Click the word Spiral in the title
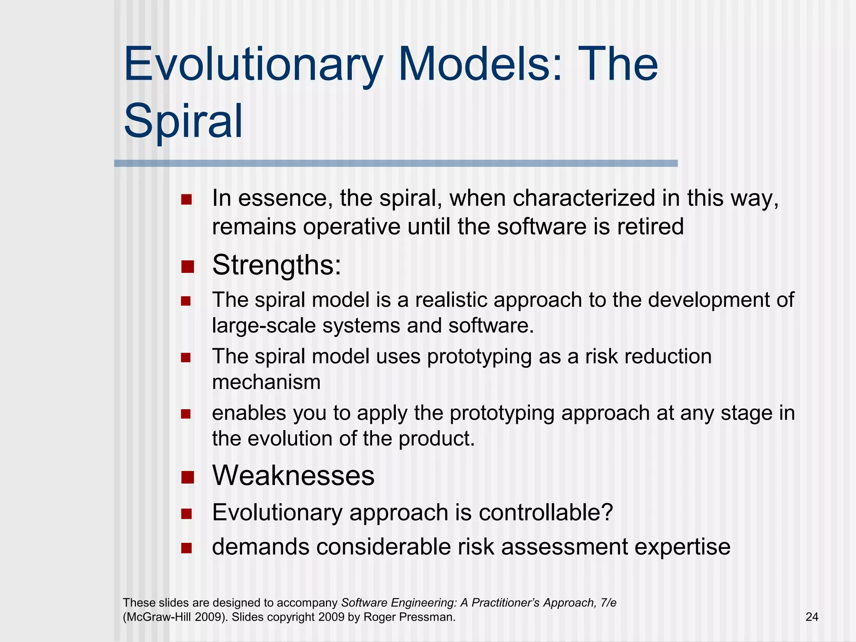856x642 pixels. pyautogui.click(x=183, y=121)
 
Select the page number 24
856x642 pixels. pyautogui.click(x=812, y=617)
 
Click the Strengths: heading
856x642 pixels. pyautogui.click(x=277, y=265)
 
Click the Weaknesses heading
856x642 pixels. pyautogui.click(x=293, y=476)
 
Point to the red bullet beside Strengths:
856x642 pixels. pyautogui.click(x=188, y=267)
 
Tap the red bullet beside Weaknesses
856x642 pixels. pyautogui.click(x=188, y=477)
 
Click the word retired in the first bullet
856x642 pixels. pyautogui.click(x=650, y=227)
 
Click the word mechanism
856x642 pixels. pyautogui.click(x=266, y=382)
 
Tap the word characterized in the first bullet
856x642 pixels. pyautogui.click(x=583, y=198)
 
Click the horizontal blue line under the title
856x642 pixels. pyautogui.click(x=395, y=163)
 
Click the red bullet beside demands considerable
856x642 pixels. pyautogui.click(x=186, y=548)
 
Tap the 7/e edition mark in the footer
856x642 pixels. pyautogui.click(x=608, y=603)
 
